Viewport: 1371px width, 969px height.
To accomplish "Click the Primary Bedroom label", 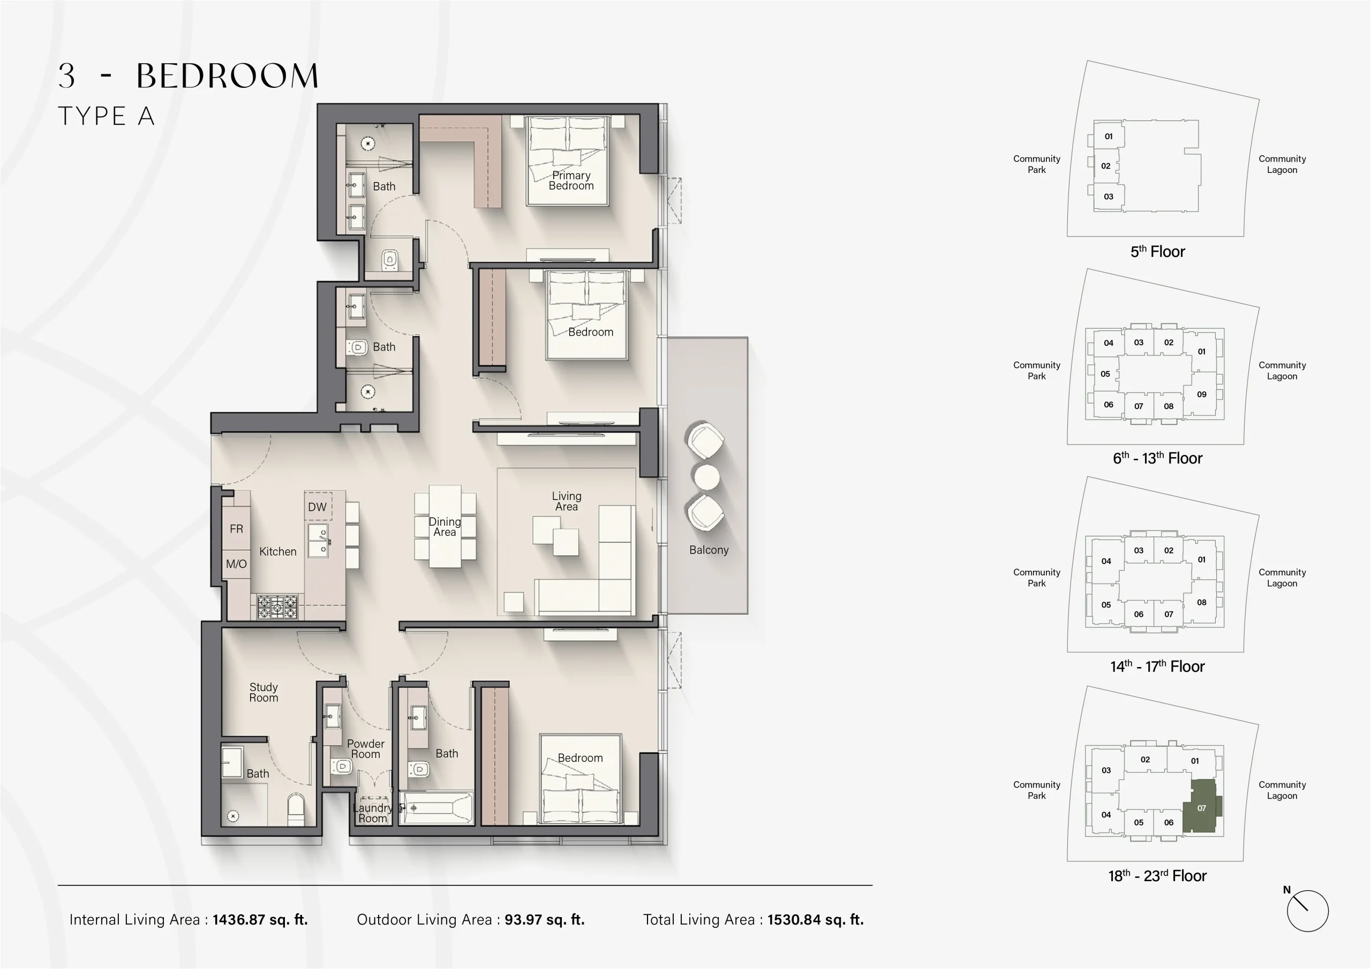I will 571,180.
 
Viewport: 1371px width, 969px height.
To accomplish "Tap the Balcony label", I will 709,550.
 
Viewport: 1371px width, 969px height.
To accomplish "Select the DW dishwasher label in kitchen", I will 317,507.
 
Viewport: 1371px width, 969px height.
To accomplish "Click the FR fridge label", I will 237,529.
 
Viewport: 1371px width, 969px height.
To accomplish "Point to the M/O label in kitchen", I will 237,564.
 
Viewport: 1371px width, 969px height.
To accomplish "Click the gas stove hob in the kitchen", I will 277,607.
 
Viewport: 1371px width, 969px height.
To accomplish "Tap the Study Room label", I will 263,693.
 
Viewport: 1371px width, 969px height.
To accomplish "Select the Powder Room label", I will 365,748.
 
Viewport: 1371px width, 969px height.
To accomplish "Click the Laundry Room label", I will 372,813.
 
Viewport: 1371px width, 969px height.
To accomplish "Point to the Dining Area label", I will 445,527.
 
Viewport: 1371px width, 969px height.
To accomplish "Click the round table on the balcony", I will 706,476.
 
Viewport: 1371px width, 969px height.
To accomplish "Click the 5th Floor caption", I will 1157,252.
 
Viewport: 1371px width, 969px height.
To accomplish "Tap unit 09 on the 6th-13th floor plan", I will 1201,394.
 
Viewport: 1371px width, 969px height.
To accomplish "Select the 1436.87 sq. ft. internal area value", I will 260,919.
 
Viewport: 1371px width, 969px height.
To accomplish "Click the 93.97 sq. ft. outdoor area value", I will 544,919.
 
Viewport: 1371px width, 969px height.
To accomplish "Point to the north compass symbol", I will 1307,911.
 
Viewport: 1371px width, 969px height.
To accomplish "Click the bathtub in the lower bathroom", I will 436,808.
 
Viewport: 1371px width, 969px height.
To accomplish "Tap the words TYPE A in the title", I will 106,116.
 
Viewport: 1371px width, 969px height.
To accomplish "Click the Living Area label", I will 566,501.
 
